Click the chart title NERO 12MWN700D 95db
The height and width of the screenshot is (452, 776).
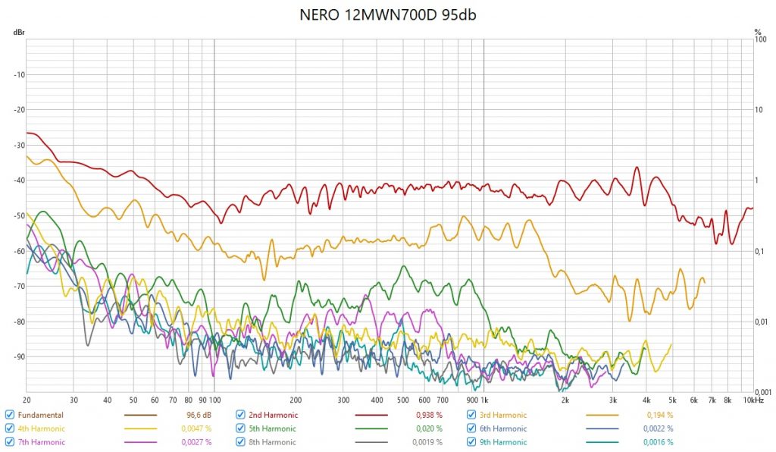tap(387, 15)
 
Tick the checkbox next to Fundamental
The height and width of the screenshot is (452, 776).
tap(9, 415)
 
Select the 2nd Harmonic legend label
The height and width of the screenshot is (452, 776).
tap(274, 415)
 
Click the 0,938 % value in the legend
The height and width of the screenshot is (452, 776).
tap(429, 415)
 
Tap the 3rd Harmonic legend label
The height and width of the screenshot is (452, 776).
tap(503, 415)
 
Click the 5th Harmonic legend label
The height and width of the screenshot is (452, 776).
tap(273, 428)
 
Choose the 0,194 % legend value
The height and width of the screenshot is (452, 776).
tap(659, 415)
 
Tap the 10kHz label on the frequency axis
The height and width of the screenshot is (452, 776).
tap(753, 400)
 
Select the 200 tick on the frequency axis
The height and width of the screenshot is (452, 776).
tap(296, 400)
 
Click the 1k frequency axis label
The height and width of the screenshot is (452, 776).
tap(483, 400)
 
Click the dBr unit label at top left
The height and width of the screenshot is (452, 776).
tap(17, 33)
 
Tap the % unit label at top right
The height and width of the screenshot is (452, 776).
tap(757, 33)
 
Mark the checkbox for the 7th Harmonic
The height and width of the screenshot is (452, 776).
tap(9, 442)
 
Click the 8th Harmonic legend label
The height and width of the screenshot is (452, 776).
tap(273, 442)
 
